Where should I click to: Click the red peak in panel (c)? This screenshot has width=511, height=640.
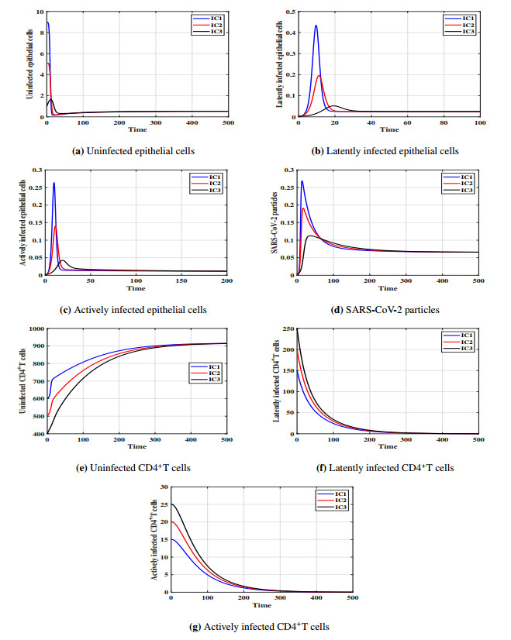tap(55, 225)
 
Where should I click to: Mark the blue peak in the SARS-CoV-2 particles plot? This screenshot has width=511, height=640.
tap(302, 181)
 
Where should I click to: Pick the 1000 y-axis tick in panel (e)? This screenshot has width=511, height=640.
tap(34, 329)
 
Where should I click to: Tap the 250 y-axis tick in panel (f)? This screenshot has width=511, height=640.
tap(288, 329)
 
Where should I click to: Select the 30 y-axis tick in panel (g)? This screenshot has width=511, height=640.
tap(163, 487)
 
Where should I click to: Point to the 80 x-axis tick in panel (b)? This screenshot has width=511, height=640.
tap(443, 122)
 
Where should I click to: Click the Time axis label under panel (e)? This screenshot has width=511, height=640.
tap(136, 446)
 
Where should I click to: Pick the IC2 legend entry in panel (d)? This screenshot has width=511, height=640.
tap(462, 183)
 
